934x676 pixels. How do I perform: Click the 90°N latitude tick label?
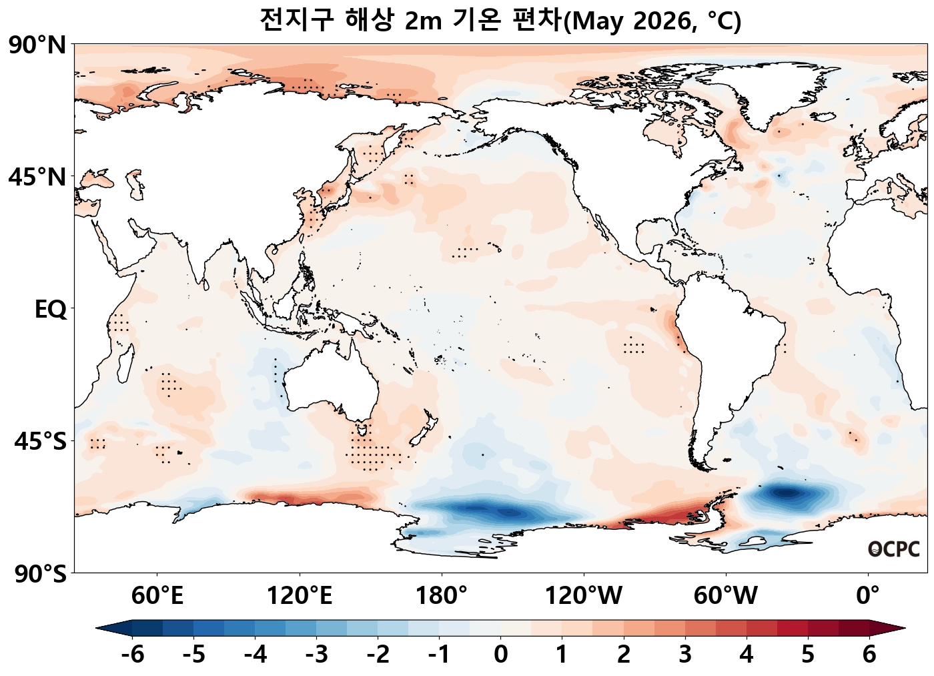click(37, 46)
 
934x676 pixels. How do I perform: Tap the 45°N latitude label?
click(37, 178)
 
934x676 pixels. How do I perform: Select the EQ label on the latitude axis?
click(51, 310)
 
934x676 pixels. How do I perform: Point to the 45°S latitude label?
click(40, 442)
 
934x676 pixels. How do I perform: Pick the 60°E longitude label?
click(157, 595)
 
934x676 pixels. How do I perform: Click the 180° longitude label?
click(441, 595)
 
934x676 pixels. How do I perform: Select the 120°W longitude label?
click(583, 595)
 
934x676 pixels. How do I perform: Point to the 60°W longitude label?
click(725, 595)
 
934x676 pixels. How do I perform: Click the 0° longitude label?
click(867, 595)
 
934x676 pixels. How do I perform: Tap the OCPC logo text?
click(894, 549)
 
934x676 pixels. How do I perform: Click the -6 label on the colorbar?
click(132, 655)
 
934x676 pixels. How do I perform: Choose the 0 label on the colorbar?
click(500, 655)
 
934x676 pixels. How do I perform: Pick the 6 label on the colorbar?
click(869, 655)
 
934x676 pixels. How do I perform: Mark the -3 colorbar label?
click(316, 655)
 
